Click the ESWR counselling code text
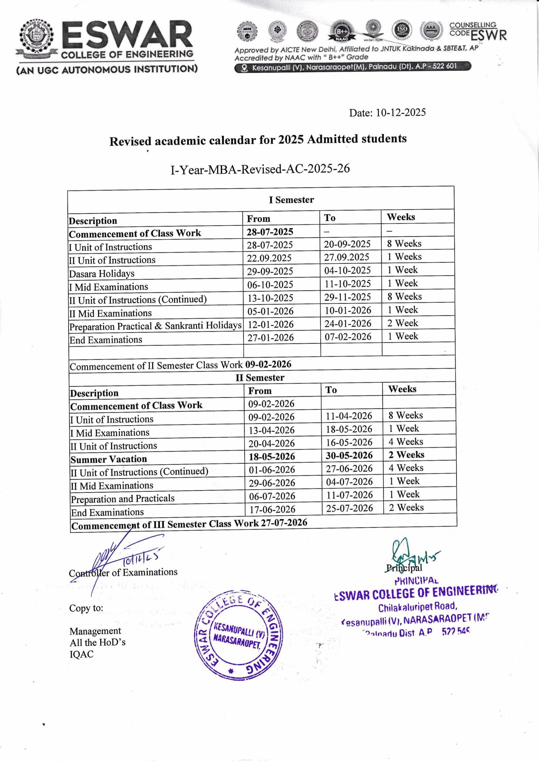488,35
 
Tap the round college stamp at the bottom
239,635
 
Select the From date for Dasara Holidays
270,271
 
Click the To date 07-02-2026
348,337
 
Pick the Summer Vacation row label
108,459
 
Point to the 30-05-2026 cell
349,456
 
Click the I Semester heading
291,200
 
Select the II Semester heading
260,377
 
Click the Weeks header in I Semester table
401,217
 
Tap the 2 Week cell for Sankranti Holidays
402,323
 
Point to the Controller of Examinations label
123,572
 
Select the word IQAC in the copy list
82,654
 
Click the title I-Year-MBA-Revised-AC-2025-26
260,169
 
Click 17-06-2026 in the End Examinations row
272,509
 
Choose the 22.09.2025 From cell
269,258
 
